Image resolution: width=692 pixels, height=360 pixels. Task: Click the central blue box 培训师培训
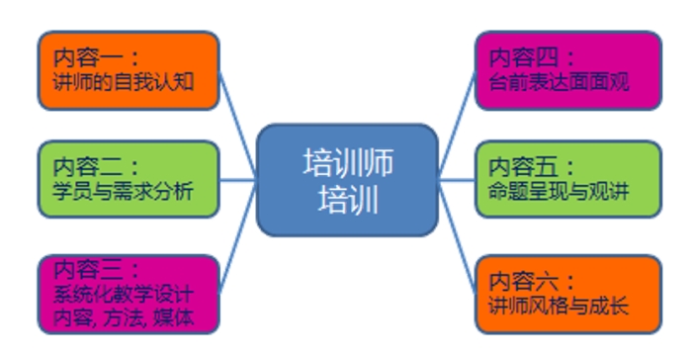point(346,180)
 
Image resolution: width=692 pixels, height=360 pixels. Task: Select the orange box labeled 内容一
point(128,71)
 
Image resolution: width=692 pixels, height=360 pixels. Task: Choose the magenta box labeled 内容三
point(128,293)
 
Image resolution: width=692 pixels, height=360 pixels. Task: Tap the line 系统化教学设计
point(124,294)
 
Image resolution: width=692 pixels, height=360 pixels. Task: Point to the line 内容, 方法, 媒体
point(124,316)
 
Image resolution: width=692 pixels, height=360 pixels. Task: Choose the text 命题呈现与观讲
point(560,190)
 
